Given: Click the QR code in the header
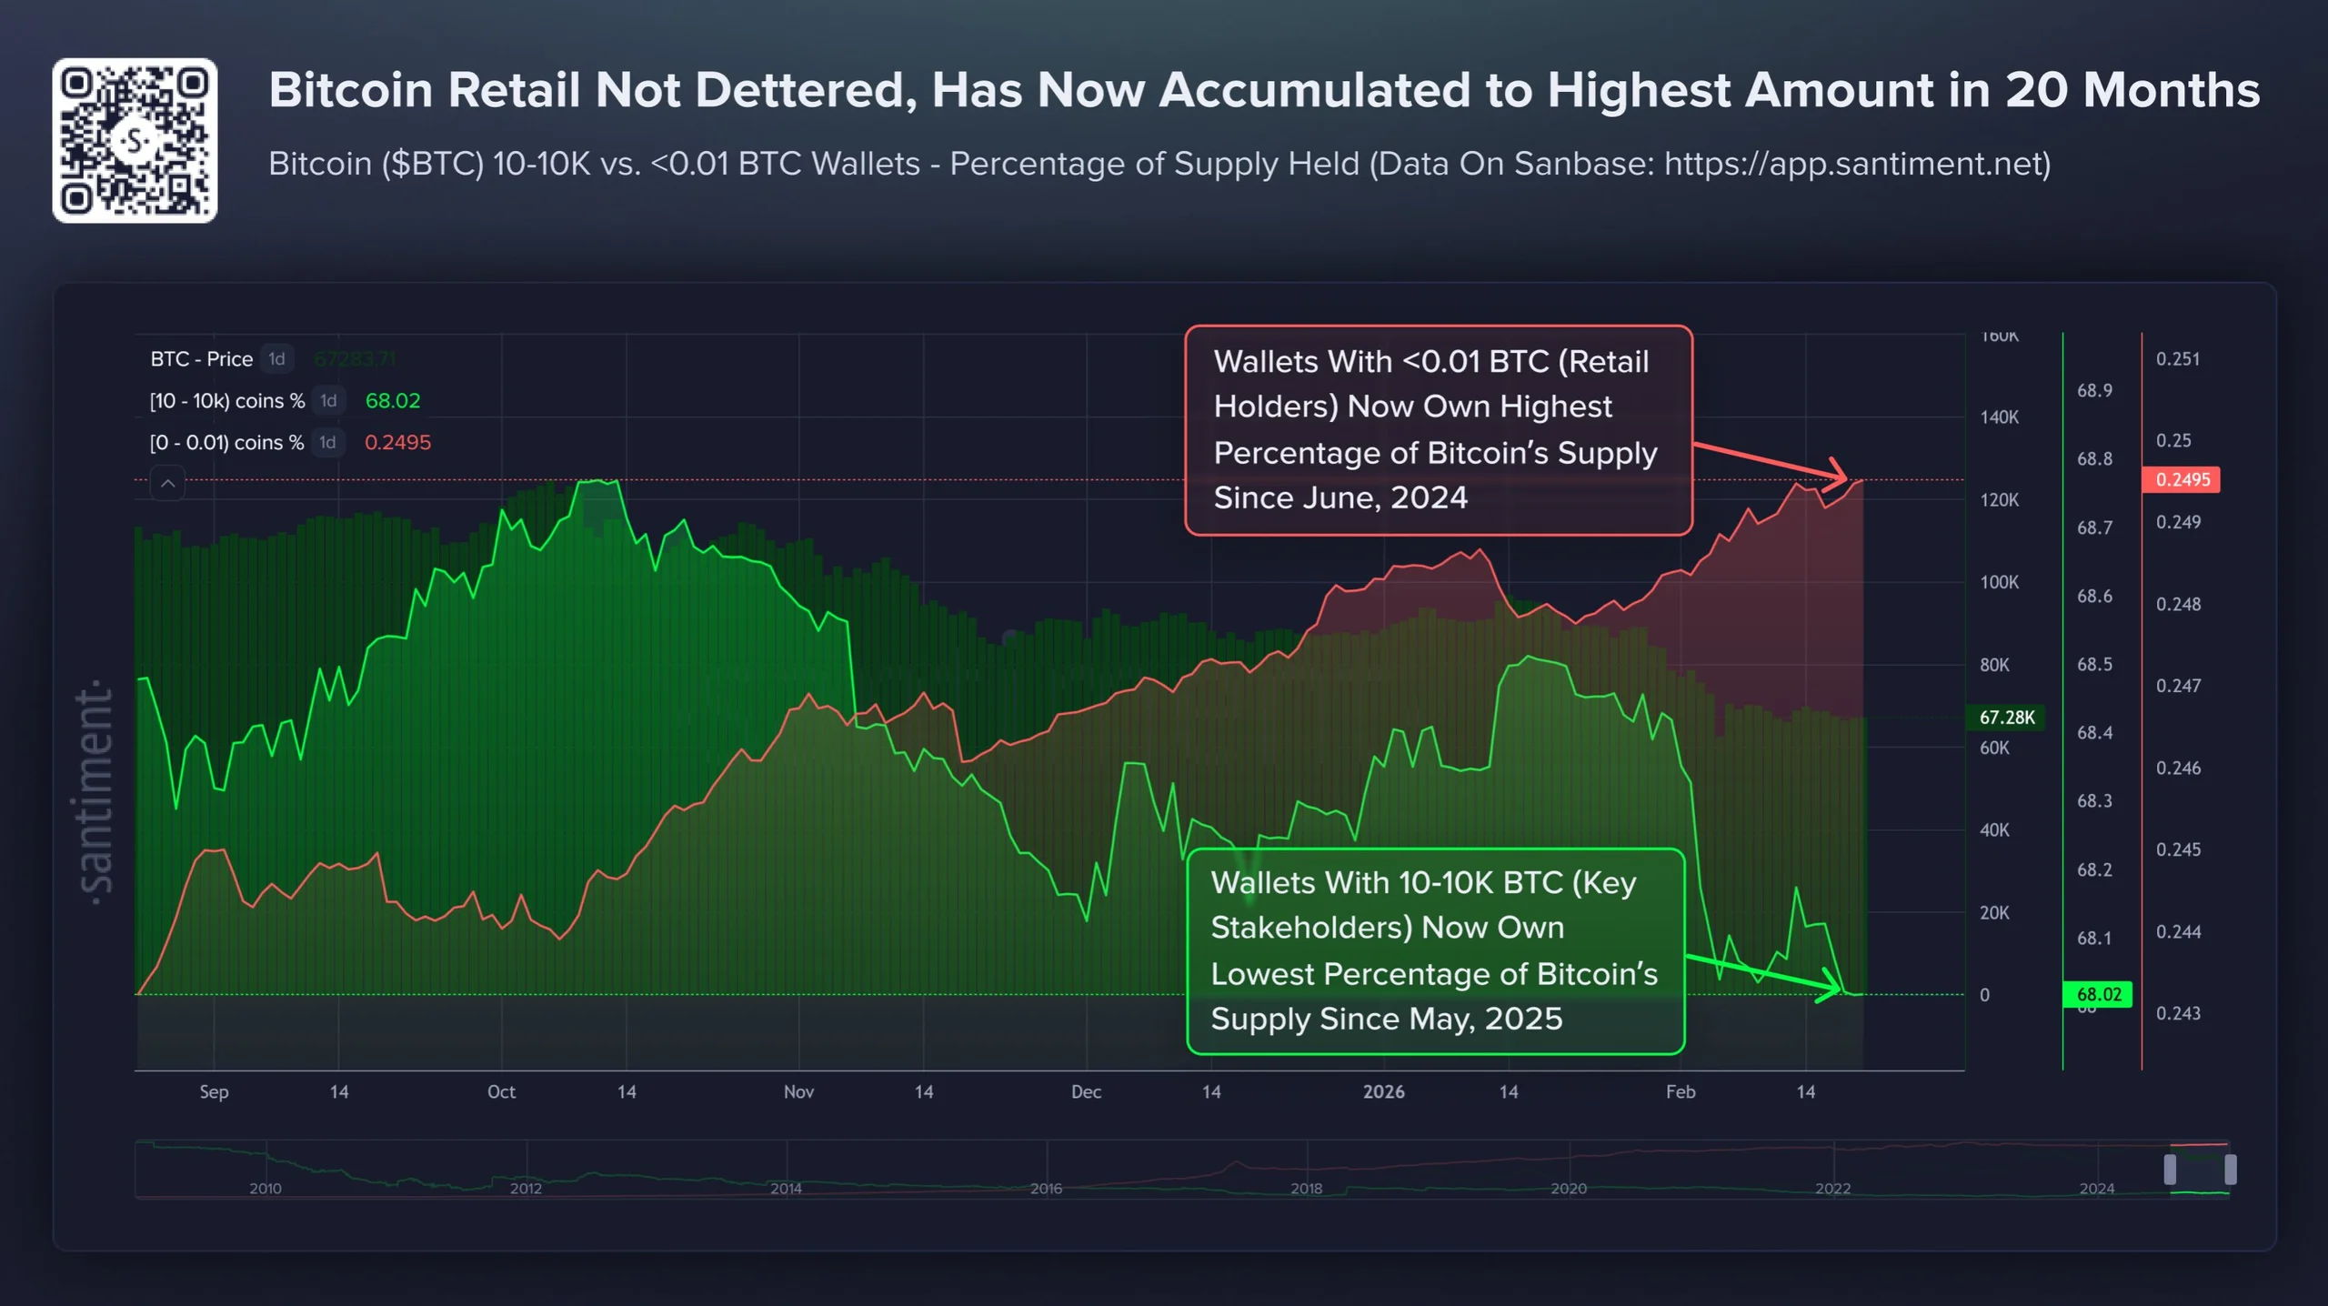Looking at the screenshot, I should click(135, 141).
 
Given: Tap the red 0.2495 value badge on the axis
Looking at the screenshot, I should click(2181, 479).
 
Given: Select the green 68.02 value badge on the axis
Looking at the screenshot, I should click(2098, 994).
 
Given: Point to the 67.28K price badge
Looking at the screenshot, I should click(2006, 717).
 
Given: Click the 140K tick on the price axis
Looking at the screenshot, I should click(1999, 417).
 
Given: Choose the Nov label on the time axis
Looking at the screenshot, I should click(798, 1091).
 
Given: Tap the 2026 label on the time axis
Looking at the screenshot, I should click(1383, 1091).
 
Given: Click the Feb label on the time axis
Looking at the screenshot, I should click(1680, 1091).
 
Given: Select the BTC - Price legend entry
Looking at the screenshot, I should click(201, 359).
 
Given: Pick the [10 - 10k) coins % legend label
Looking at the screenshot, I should click(227, 401).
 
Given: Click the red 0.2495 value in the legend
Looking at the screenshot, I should click(397, 443).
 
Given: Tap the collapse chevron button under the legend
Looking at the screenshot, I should click(167, 484).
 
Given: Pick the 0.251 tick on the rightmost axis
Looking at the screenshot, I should click(2177, 359).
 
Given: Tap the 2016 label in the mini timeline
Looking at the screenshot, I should click(1046, 1188).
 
